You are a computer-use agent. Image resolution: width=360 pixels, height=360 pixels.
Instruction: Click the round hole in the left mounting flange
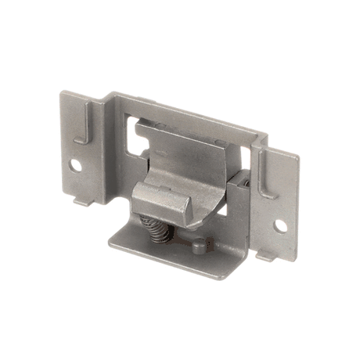(x=76, y=165)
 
